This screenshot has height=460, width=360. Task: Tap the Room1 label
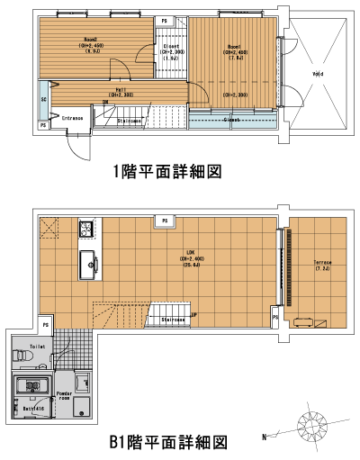234,48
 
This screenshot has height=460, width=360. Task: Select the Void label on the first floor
318,74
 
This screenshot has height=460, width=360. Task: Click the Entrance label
71,116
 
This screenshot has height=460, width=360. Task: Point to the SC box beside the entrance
43,100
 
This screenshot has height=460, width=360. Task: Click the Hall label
121,88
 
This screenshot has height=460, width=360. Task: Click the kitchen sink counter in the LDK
90,263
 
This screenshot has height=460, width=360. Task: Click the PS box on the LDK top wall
165,220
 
